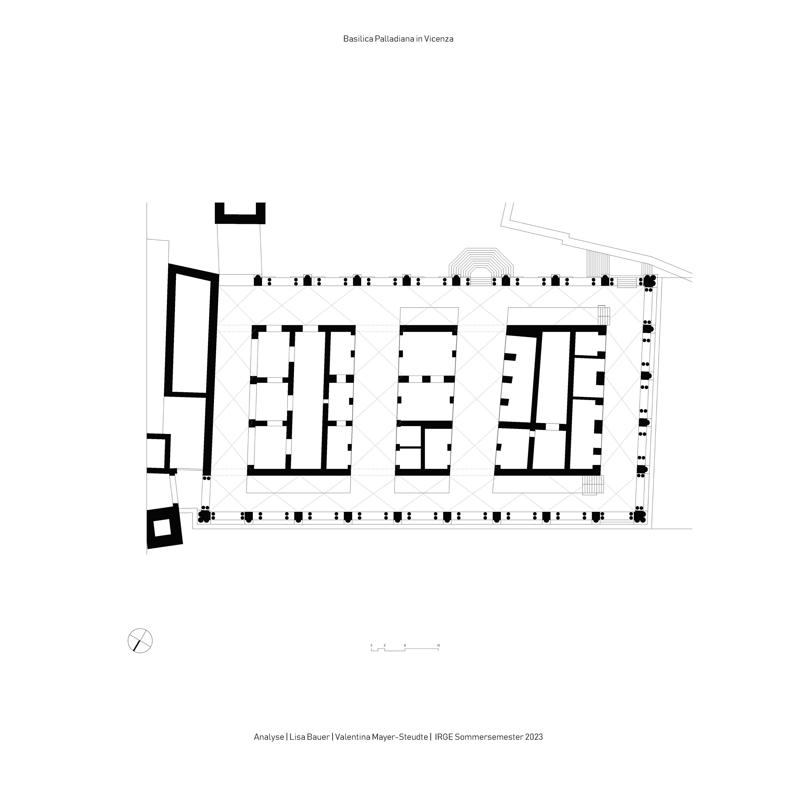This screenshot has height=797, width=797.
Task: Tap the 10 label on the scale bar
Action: [438, 645]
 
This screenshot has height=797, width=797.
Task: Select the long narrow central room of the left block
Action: [307, 400]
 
